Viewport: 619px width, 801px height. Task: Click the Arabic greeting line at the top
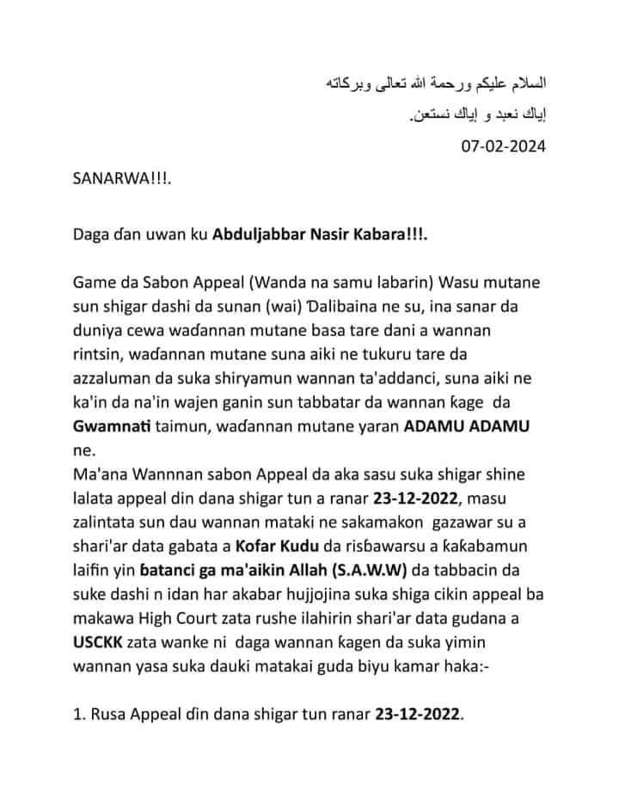(x=438, y=85)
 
